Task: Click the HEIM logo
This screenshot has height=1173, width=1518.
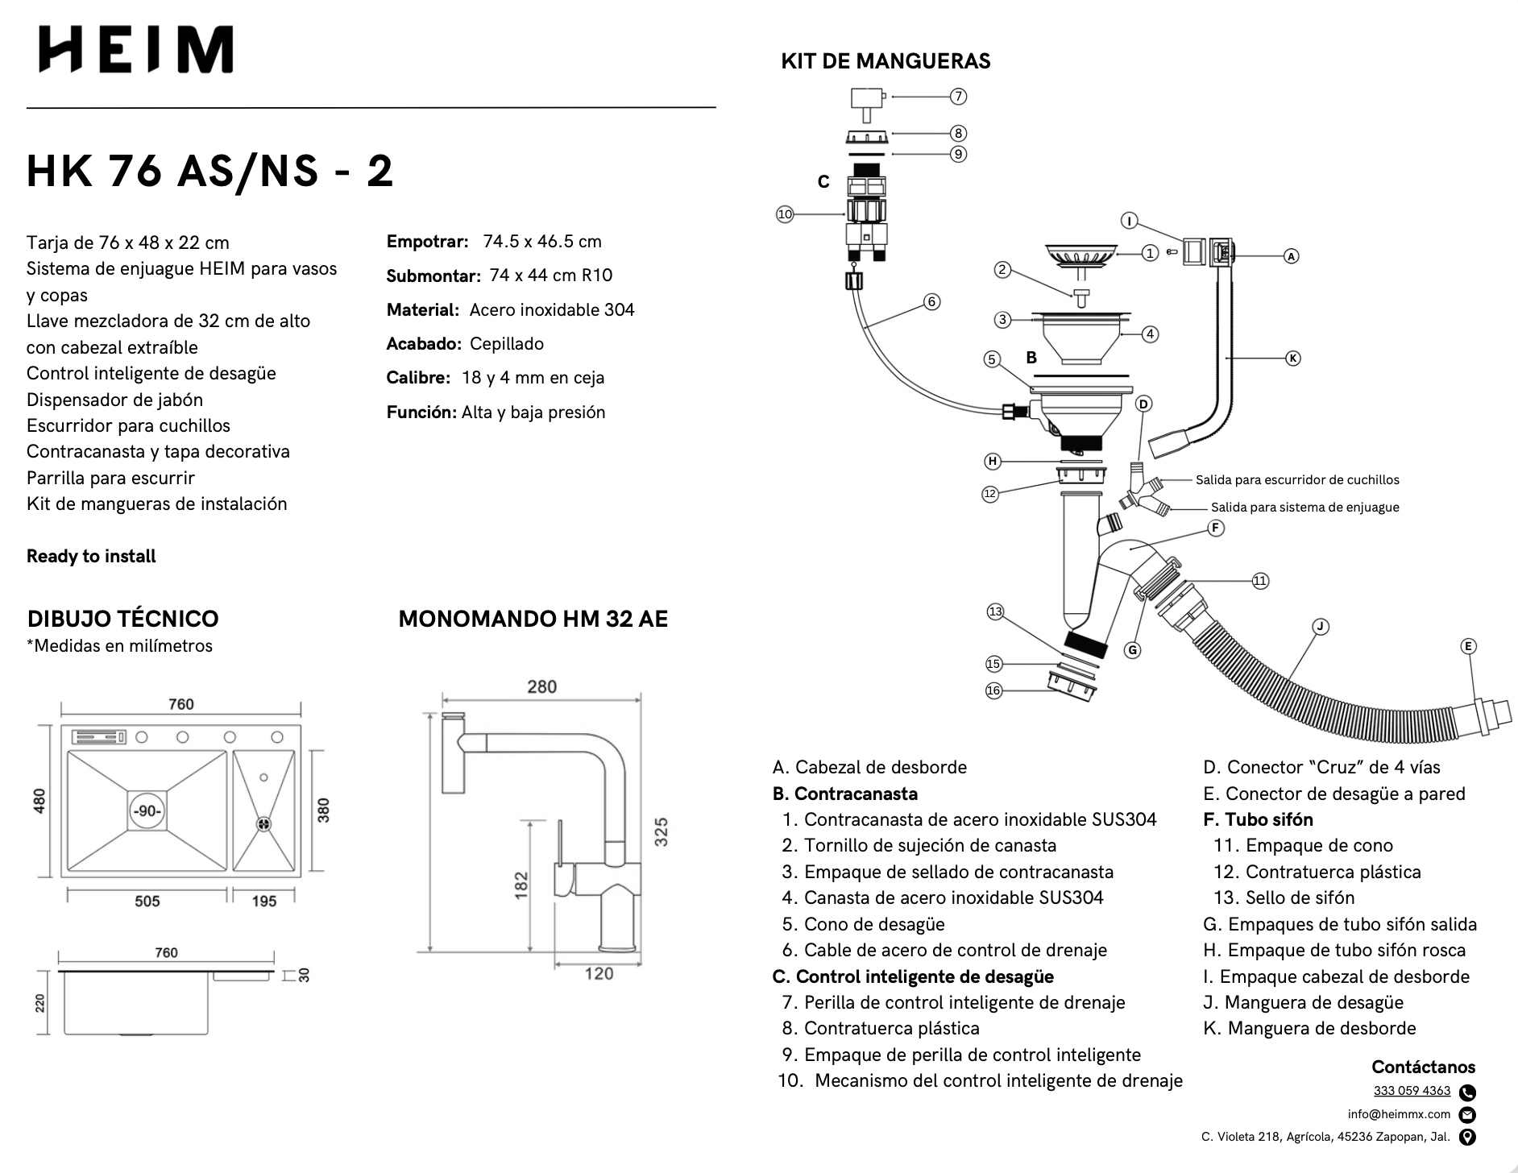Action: pos(136,49)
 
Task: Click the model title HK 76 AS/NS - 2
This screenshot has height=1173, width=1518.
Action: pos(209,171)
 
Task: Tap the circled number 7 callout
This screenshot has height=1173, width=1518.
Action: pos(958,97)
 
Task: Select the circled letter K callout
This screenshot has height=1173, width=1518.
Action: pos(1292,358)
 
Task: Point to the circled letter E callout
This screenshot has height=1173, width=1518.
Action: pos(1468,646)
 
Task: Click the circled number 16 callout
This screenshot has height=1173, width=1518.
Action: pos(993,690)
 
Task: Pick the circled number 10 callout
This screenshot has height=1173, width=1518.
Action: pos(785,214)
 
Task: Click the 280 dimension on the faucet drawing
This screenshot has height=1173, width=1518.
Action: pos(541,686)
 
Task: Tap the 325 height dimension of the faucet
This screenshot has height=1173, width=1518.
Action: pos(662,832)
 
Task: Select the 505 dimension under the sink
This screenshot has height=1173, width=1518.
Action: pos(147,901)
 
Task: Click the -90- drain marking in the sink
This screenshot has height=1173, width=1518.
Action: pos(147,810)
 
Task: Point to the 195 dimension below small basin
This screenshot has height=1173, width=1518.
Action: pos(264,901)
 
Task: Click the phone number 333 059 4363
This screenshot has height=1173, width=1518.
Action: pos(1412,1091)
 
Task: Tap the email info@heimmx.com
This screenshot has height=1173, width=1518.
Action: pos(1399,1114)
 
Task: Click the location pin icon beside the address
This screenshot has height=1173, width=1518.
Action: pos(1467,1138)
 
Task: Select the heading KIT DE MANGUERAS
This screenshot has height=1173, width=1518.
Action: pos(885,61)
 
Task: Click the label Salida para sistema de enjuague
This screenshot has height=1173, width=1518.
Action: pos(1304,508)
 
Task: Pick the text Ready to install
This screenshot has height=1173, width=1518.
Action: pos(91,556)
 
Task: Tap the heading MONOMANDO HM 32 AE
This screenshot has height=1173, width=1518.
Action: pos(533,619)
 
